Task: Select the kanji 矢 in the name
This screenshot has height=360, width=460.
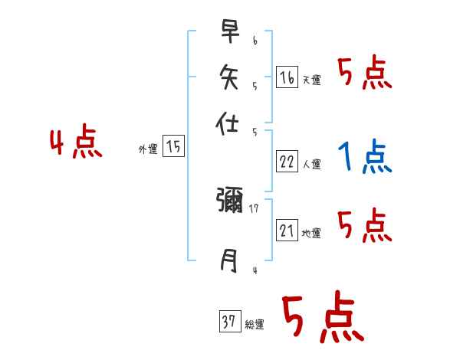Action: point(229,76)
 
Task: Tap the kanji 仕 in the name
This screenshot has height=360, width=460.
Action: point(229,123)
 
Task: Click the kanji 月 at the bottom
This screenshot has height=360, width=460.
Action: point(229,261)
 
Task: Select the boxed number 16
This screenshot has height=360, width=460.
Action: point(287,77)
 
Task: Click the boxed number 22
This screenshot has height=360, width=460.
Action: point(287,161)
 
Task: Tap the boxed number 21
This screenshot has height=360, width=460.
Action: point(287,231)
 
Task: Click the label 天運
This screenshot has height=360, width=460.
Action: point(311,80)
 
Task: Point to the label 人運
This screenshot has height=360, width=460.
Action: point(311,164)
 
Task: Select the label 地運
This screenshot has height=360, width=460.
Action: point(311,234)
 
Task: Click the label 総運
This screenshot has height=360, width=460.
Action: point(255,325)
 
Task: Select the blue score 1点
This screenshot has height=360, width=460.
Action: point(365,157)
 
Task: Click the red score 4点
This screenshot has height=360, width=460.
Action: point(76,143)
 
